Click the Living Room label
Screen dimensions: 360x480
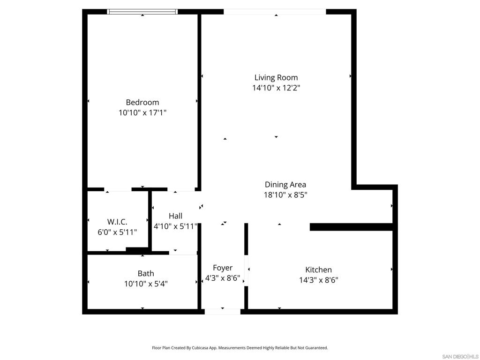[276, 78]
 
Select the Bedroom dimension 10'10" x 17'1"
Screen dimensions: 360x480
[142, 112]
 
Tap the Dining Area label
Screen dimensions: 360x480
[285, 185]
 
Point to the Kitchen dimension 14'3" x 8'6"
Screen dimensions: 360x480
[319, 280]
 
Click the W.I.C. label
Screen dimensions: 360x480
[117, 222]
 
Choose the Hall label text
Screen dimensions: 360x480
[176, 216]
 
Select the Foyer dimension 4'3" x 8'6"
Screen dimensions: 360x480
[223, 278]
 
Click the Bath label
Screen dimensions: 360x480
[146, 273]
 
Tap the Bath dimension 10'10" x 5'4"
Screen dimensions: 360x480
[146, 284]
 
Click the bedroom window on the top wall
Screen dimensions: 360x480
[142, 12]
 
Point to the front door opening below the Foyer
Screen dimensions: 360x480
[223, 311]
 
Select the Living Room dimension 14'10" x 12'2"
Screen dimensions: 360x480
[276, 88]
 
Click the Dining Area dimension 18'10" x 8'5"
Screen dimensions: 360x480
[285, 195]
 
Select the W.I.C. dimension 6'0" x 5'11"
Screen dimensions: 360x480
[117, 232]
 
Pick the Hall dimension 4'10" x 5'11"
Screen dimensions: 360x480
[176, 226]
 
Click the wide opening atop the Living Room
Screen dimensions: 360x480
[275, 12]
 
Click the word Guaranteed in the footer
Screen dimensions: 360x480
[316, 348]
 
